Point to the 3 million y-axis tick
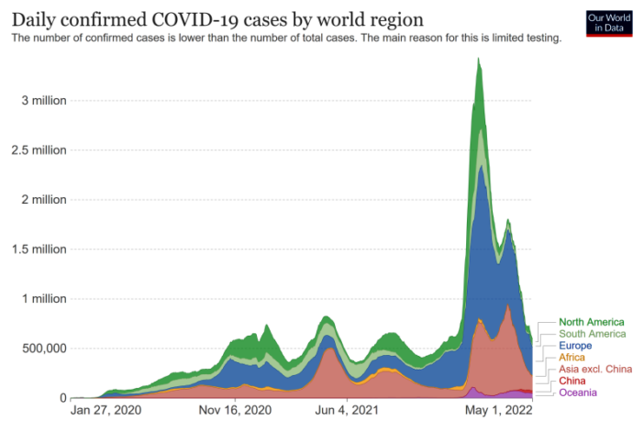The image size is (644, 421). [44, 100]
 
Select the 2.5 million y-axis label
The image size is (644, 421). [39, 150]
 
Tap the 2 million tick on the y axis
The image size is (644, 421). [44, 199]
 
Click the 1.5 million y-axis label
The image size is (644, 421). [39, 249]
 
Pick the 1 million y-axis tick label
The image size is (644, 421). [44, 298]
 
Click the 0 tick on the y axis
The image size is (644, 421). [62, 398]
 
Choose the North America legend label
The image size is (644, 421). [591, 322]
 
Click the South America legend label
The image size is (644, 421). [592, 334]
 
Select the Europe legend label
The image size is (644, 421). [576, 346]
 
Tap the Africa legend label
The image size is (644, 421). [572, 357]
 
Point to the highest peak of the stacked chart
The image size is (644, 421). [478, 60]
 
